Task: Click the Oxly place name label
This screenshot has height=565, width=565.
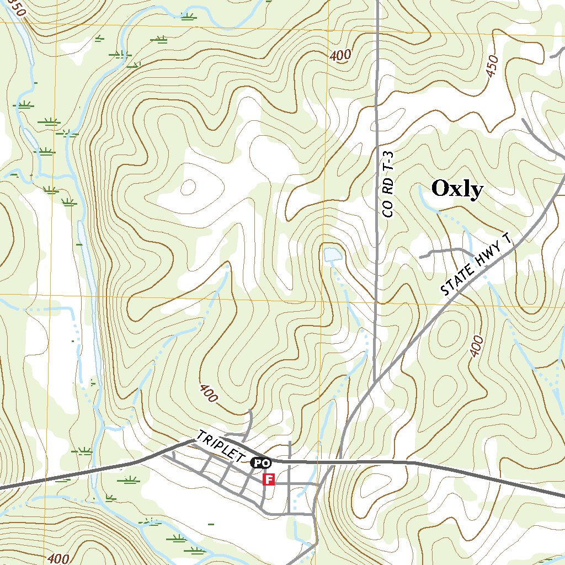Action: [x=457, y=189]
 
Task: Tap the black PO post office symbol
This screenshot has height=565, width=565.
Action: [x=260, y=462]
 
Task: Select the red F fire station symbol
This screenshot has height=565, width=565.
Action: [x=268, y=479]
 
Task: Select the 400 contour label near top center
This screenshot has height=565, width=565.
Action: [x=340, y=55]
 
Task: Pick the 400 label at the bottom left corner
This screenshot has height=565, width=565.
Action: [x=58, y=558]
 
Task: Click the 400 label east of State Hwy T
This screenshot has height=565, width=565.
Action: [x=477, y=347]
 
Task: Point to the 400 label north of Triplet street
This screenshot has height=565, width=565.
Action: [x=209, y=393]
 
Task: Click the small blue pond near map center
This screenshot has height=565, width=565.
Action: [x=332, y=255]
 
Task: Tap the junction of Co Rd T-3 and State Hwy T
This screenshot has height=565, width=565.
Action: [x=375, y=382]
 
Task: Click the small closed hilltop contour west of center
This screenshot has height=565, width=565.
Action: [x=188, y=188]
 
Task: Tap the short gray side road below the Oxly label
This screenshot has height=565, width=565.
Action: [x=441, y=252]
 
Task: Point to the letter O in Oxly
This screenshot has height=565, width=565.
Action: [x=440, y=189]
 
